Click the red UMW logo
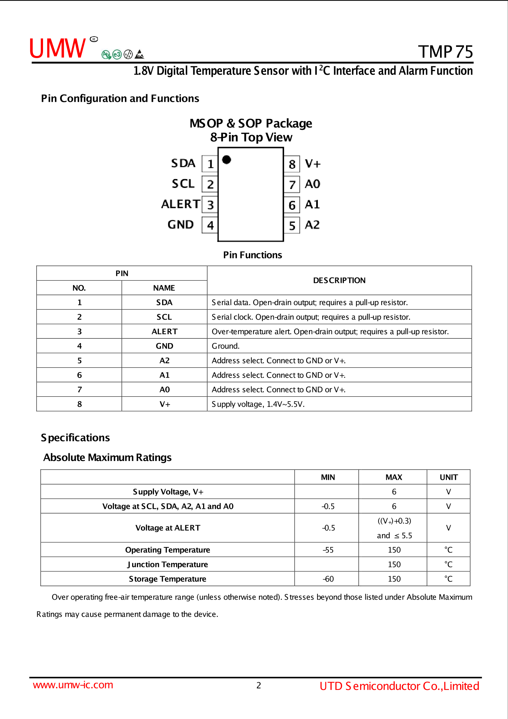click(x=57, y=48)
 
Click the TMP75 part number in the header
click(x=445, y=52)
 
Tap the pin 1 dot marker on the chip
click(x=226, y=160)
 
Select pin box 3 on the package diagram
click(x=210, y=205)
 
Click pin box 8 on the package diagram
click(x=292, y=164)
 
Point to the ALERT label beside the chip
click(x=180, y=204)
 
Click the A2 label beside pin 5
click(x=312, y=225)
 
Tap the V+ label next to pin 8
click(x=313, y=164)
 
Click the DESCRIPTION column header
click(x=339, y=280)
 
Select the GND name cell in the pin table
click(x=164, y=346)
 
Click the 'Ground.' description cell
click(x=226, y=346)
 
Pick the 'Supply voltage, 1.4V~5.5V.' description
click(x=258, y=404)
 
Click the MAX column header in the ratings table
click(x=394, y=477)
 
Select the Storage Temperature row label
click(x=167, y=579)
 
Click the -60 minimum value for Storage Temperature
click(x=328, y=579)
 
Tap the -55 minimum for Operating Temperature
click(x=328, y=550)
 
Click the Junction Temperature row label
click(x=167, y=564)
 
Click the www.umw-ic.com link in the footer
click(x=73, y=685)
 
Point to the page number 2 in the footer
click(x=258, y=685)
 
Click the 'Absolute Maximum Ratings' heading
click(x=107, y=457)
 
